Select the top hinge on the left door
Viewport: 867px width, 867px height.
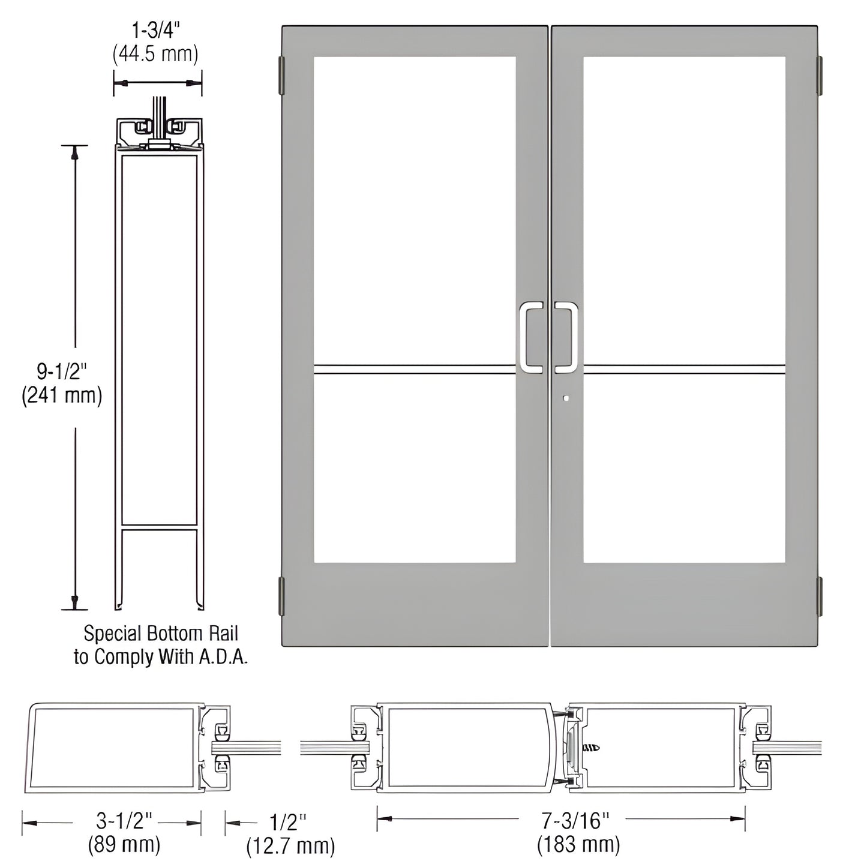[280, 76]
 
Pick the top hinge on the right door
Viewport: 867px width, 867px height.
[820, 76]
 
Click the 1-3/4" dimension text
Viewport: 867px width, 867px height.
[155, 30]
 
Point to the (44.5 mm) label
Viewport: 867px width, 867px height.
[155, 54]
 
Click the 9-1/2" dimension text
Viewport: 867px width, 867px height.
[62, 372]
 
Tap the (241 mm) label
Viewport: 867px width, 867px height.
[62, 396]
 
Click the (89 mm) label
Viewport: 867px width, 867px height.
[124, 844]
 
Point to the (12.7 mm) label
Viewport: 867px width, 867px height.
[290, 846]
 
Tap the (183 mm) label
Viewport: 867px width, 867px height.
[579, 844]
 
